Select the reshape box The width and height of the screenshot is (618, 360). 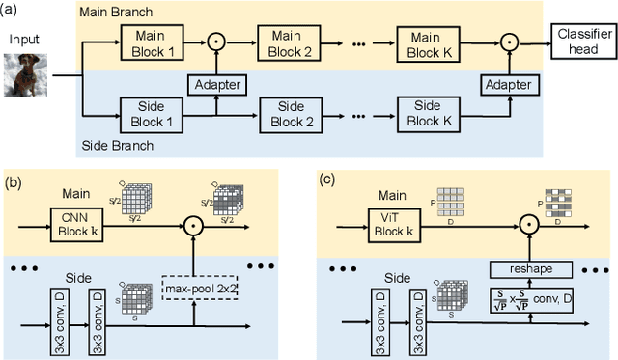(x=529, y=268)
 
